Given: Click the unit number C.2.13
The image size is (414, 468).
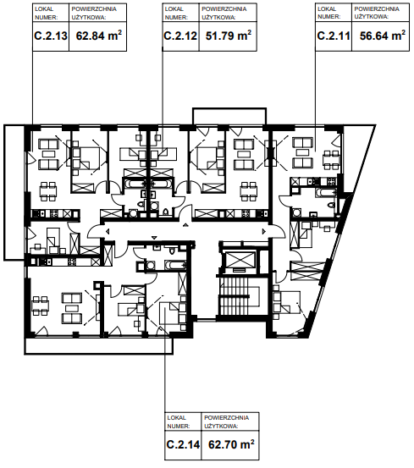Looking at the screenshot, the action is [51, 36].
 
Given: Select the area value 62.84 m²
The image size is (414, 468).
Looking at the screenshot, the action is [98, 36].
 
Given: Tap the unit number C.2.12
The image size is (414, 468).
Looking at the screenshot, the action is [180, 36].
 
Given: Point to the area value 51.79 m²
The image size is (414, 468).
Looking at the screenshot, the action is [229, 36].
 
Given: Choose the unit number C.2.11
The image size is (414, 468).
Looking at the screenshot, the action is [334, 36].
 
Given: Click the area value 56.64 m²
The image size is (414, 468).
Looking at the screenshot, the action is [383, 36].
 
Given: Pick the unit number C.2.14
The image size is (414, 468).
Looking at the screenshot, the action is [183, 444].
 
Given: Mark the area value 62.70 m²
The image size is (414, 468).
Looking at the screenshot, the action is [231, 444].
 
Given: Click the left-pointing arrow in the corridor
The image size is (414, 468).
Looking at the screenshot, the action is [108, 231].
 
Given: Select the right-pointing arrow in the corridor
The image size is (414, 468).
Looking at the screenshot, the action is [264, 231].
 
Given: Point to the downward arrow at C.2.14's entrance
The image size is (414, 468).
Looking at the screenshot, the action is [154, 238].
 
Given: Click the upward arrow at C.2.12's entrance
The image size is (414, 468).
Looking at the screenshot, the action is [185, 225].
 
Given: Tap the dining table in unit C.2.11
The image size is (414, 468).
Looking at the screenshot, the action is [331, 159].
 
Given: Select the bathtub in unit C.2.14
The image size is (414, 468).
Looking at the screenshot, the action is [175, 264].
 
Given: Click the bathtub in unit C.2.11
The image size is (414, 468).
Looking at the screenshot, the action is [326, 192].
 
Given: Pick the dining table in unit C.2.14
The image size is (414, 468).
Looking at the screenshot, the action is [41, 306].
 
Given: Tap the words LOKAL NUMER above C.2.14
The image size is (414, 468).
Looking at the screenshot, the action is [178, 421].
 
